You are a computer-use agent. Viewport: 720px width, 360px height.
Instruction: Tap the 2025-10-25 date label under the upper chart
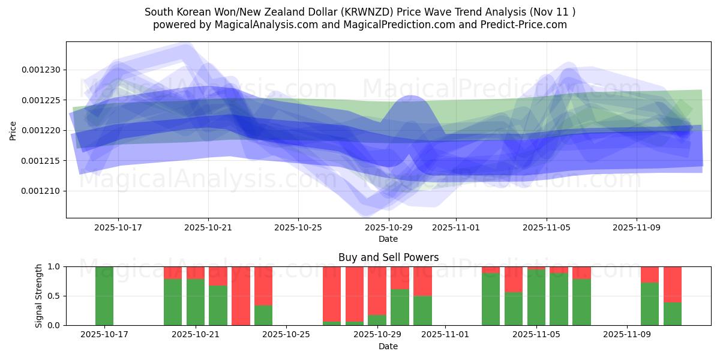pyautogui.click(x=298, y=227)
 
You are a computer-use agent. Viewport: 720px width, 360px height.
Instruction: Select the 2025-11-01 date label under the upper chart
pyautogui.click(x=455, y=227)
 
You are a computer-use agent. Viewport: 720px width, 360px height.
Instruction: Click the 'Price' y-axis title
pyautogui.click(x=13, y=130)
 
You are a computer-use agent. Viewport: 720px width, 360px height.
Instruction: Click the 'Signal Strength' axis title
pyautogui.click(x=39, y=295)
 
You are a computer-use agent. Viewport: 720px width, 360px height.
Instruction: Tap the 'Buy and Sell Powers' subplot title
pyautogui.click(x=388, y=257)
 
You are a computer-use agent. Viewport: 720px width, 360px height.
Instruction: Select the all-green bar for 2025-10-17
pyautogui.click(x=104, y=295)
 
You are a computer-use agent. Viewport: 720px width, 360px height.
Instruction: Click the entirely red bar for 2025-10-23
pyautogui.click(x=241, y=295)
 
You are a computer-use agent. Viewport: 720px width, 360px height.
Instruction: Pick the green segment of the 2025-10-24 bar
pyautogui.click(x=263, y=315)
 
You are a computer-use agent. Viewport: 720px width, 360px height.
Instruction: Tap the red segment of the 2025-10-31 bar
pyautogui.click(x=422, y=281)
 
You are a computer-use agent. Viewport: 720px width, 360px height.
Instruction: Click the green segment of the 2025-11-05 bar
pyautogui.click(x=536, y=298)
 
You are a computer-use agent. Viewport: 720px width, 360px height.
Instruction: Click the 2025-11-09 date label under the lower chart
pyautogui.click(x=626, y=334)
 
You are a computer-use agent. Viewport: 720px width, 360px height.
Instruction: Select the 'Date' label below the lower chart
pyautogui.click(x=388, y=346)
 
